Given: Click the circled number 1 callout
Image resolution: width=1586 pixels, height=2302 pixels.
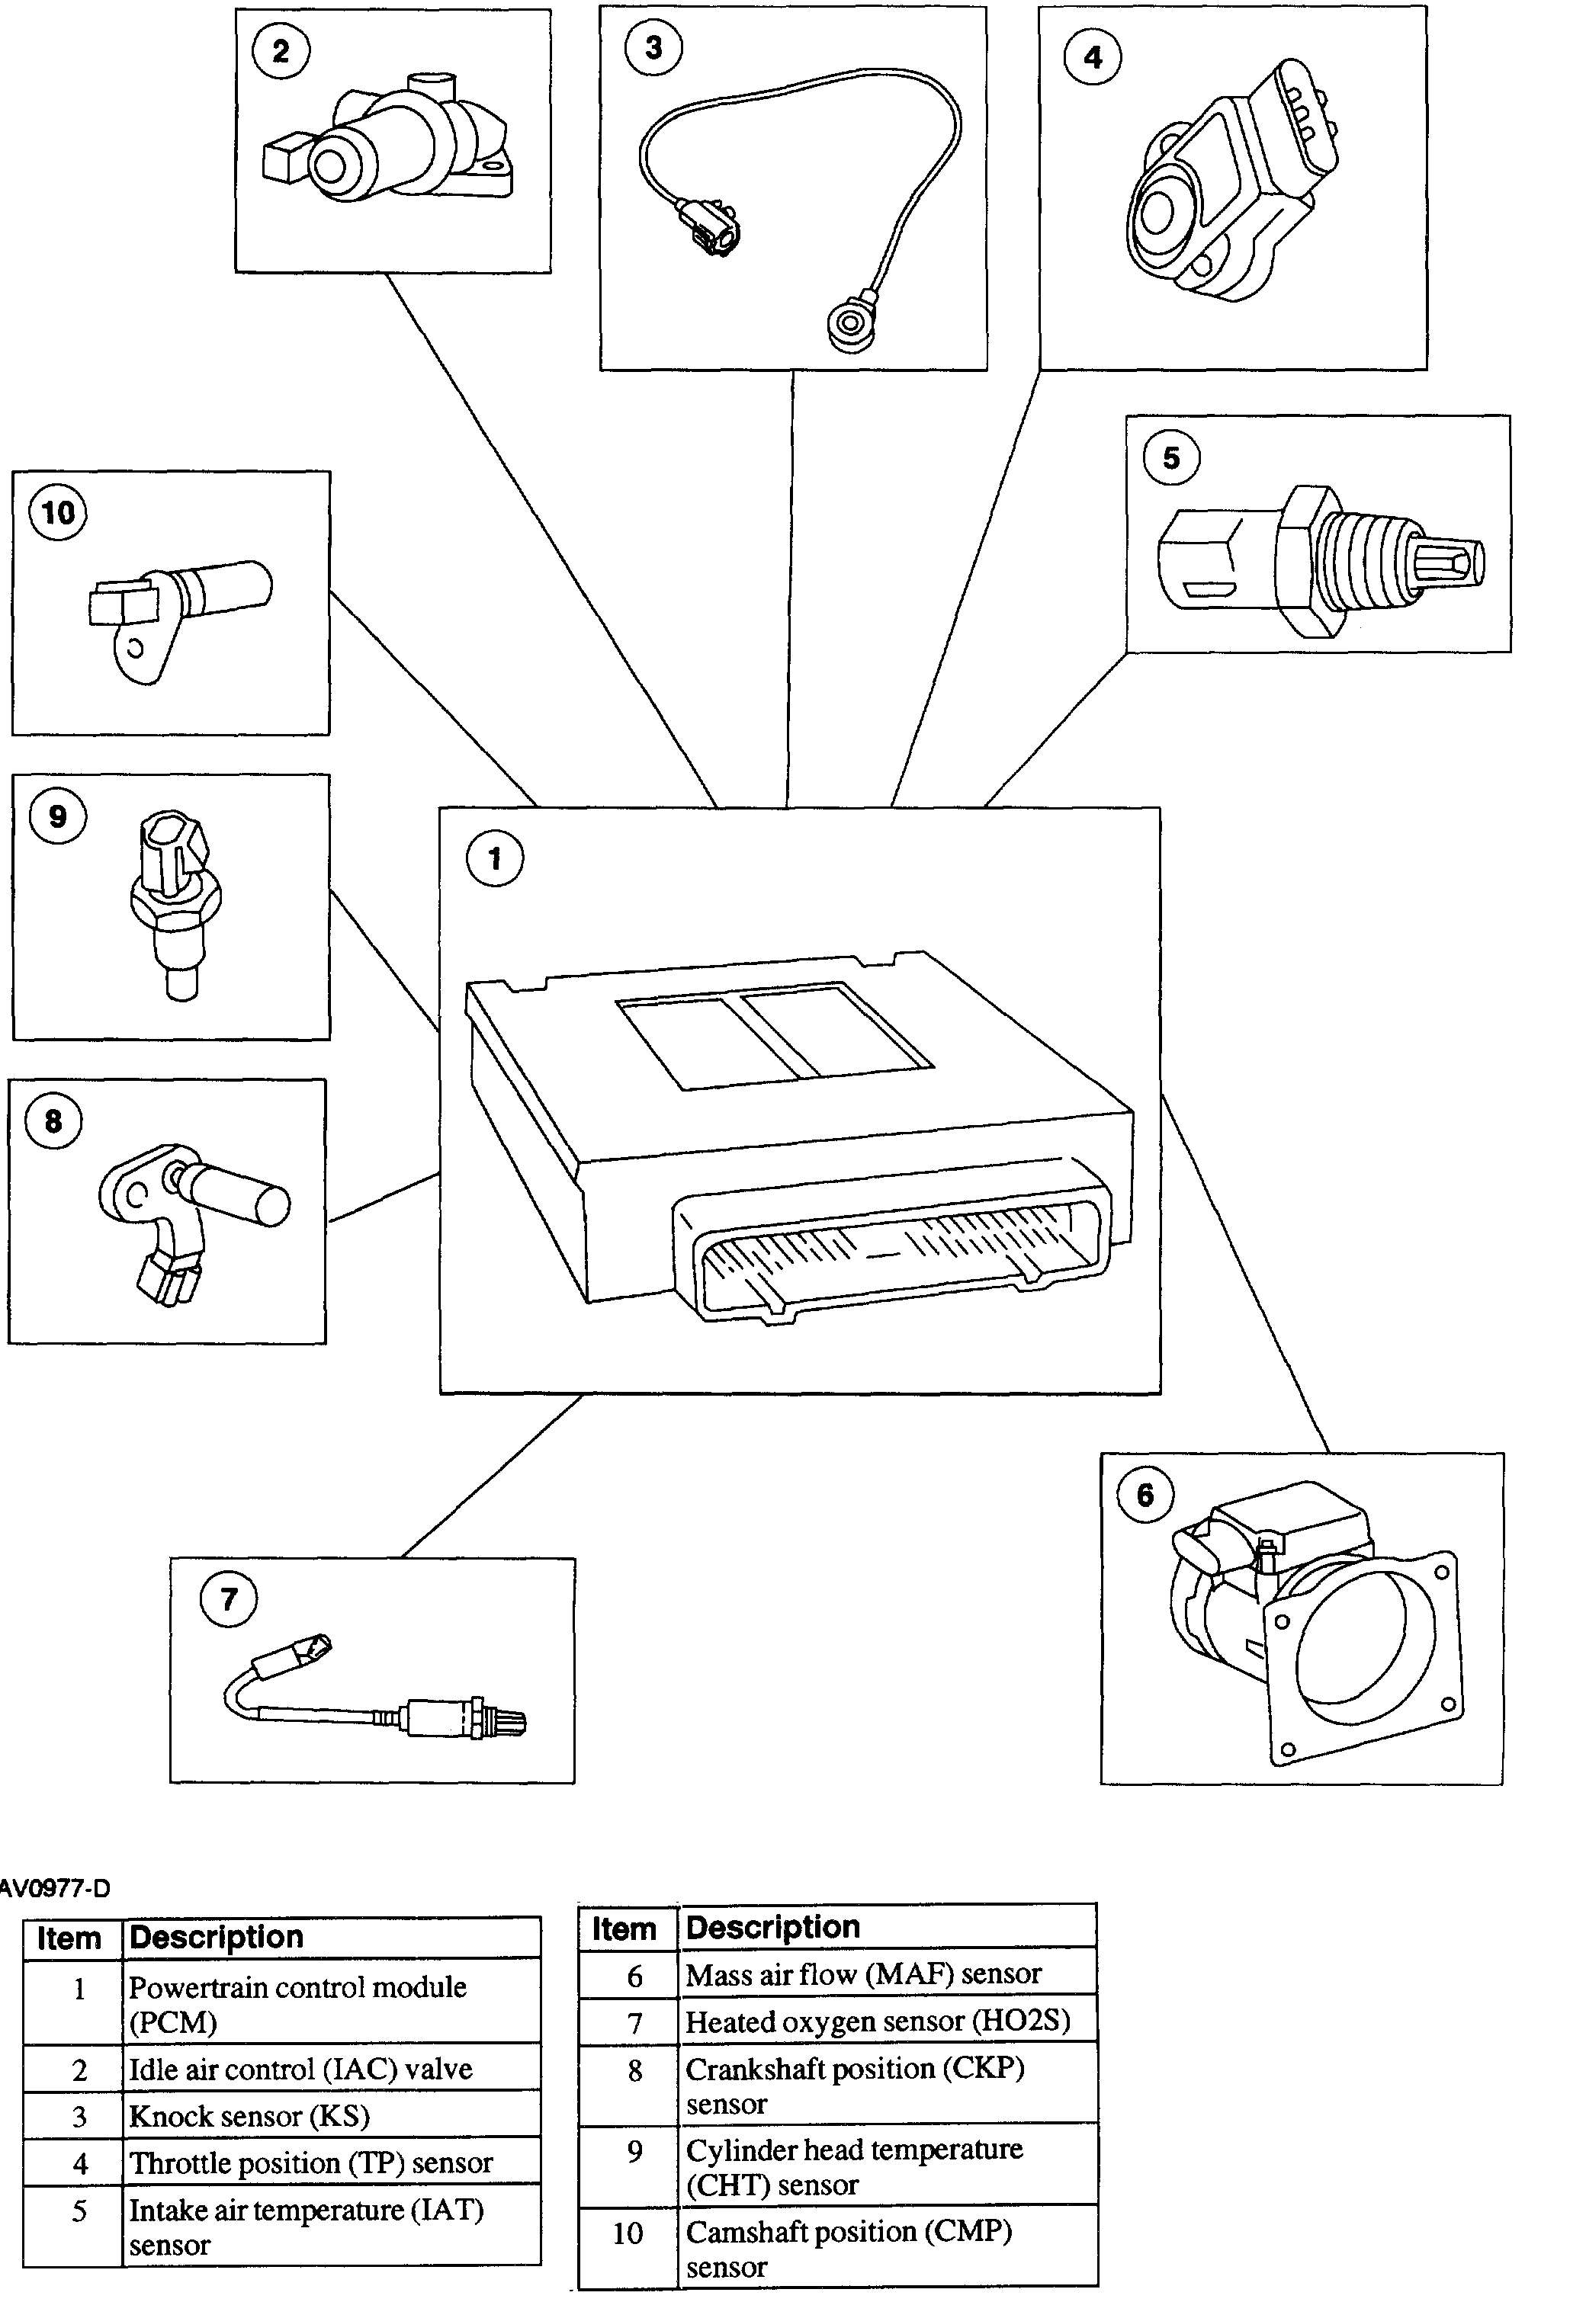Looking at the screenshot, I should pyautogui.click(x=495, y=858).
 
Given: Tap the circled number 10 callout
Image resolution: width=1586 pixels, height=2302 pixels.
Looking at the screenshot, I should pyautogui.click(x=58, y=513).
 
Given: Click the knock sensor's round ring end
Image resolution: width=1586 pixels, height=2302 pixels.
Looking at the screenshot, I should pyautogui.click(x=849, y=323).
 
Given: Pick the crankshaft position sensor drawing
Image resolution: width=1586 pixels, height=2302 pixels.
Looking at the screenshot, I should pyautogui.click(x=189, y=1217).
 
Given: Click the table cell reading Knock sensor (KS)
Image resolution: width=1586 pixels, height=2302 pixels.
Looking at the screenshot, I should pyautogui.click(x=249, y=2116).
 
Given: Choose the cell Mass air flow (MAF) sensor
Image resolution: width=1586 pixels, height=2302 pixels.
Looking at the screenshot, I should pyautogui.click(x=862, y=1973).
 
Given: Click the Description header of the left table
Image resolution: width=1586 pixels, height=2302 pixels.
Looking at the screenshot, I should pyautogui.click(x=216, y=1938).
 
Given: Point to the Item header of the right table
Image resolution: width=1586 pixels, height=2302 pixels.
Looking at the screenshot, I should pyautogui.click(x=624, y=1928).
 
